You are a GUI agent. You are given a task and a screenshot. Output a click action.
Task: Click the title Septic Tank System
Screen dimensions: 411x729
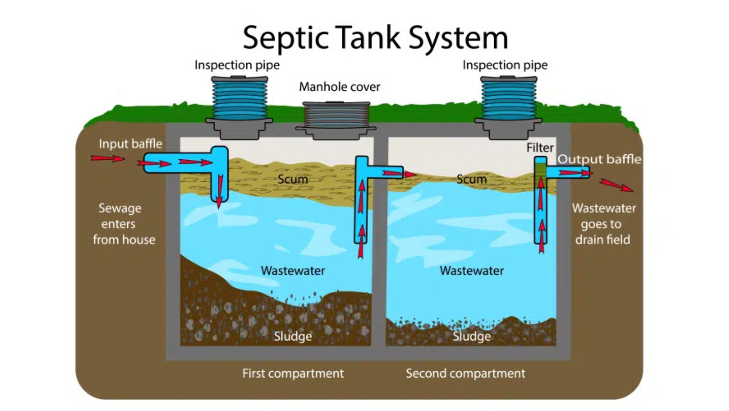(375, 37)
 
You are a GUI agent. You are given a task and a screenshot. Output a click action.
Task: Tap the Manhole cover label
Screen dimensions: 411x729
(339, 87)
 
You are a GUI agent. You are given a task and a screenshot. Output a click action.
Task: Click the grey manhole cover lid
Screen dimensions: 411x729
(336, 117)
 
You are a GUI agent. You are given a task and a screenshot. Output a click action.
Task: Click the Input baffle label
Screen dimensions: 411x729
(130, 144)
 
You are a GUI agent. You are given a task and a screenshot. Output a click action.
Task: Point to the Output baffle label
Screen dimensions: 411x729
(599, 159)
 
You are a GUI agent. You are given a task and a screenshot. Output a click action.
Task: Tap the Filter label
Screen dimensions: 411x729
(540, 148)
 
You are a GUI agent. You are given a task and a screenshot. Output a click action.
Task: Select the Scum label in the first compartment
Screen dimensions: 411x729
(292, 179)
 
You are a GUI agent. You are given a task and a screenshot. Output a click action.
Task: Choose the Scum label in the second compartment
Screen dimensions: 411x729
(471, 179)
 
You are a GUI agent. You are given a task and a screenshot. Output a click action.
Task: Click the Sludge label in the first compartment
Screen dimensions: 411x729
(292, 336)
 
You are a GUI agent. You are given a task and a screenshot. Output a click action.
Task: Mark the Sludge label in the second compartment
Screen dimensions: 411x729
(471, 336)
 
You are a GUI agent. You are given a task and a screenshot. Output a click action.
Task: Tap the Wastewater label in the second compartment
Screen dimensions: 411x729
(472, 270)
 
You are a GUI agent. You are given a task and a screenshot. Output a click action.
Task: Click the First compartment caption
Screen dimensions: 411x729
(293, 373)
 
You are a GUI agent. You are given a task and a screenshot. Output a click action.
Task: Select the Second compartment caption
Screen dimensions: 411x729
(465, 373)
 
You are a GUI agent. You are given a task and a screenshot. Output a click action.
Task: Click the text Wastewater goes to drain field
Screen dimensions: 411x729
(603, 224)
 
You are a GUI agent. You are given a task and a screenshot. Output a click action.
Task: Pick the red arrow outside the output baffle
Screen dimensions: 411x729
(616, 185)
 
